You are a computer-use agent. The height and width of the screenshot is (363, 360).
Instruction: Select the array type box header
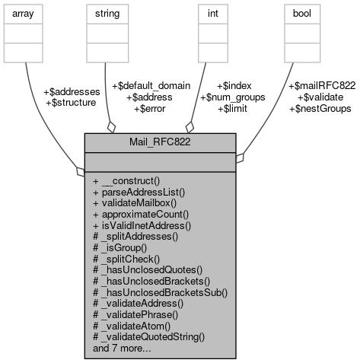pyautogui.click(x=25, y=13)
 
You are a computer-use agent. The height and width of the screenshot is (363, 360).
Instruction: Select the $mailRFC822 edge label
pyautogui.click(x=322, y=86)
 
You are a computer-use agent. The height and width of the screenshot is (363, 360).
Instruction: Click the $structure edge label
pyautogui.click(x=71, y=102)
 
